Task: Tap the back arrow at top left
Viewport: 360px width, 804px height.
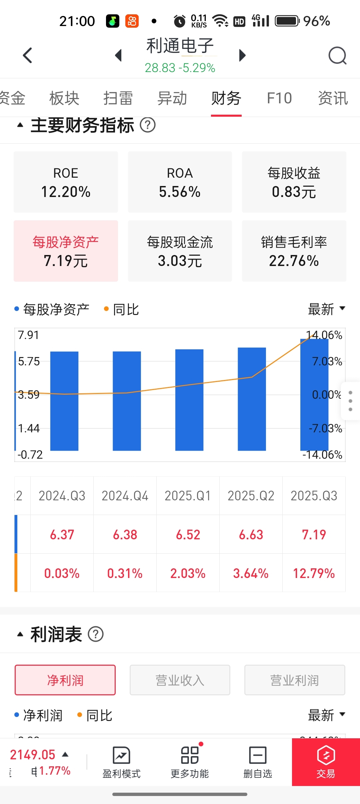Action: coord(28,55)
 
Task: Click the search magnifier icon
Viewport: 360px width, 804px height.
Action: coord(337,56)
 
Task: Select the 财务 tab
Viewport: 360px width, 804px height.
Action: coord(226,98)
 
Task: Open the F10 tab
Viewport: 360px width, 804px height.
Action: coord(279,98)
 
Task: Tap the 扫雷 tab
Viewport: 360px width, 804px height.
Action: coord(118,98)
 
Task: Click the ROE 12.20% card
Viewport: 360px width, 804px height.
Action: coord(66,182)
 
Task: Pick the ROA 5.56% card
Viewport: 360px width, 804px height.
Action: coord(180,182)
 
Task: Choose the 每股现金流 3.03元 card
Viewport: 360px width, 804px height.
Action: coord(180,251)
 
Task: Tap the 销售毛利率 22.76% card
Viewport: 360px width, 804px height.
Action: coord(294,251)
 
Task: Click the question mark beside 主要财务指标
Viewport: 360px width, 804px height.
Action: coord(148,125)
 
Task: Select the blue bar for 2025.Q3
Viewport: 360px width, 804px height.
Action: coord(314,397)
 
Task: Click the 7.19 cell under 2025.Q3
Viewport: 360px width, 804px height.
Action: coord(314,535)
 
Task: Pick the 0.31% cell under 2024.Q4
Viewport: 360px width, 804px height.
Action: coord(125,573)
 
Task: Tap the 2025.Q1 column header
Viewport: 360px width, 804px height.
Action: coord(188,496)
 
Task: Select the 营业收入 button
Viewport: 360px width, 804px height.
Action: coord(180,680)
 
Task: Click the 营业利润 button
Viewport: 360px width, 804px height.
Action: coord(295,680)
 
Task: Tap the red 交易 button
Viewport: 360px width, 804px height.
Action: coord(326,762)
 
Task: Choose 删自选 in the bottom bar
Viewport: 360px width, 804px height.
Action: coord(258,762)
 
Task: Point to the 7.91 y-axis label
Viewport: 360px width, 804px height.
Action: coord(29,335)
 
